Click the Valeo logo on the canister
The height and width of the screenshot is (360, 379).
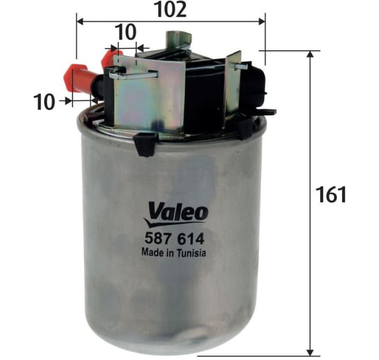click(176, 212)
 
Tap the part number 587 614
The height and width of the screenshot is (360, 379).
click(174, 237)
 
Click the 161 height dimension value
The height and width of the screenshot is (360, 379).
click(330, 194)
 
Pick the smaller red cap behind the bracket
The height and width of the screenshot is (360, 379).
click(109, 58)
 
